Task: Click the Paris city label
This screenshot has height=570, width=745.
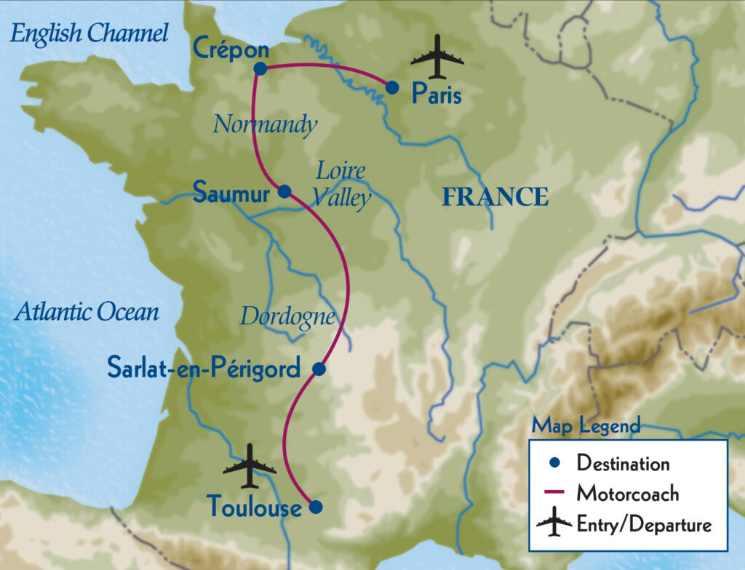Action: [x=437, y=94]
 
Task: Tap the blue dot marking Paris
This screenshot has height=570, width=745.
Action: [x=392, y=87]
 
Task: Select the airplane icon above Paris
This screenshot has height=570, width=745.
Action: [x=437, y=56]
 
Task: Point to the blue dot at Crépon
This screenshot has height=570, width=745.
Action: [x=260, y=69]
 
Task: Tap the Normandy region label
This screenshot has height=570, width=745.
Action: [x=265, y=125]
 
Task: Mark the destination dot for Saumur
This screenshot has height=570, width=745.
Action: [x=284, y=191]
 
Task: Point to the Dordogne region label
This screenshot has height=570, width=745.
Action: [x=288, y=317]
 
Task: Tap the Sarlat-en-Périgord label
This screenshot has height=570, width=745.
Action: [x=204, y=369]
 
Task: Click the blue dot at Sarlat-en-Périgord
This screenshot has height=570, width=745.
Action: [x=318, y=369]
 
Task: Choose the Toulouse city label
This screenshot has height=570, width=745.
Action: [x=254, y=507]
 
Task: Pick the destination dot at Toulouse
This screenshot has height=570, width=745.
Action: [x=315, y=507]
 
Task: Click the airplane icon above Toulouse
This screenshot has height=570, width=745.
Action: [x=250, y=466]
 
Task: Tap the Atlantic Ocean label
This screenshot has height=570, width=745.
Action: [x=87, y=313]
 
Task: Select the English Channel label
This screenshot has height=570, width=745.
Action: [x=89, y=33]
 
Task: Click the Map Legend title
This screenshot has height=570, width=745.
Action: [x=586, y=426]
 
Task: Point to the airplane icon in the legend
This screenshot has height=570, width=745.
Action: [x=554, y=523]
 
